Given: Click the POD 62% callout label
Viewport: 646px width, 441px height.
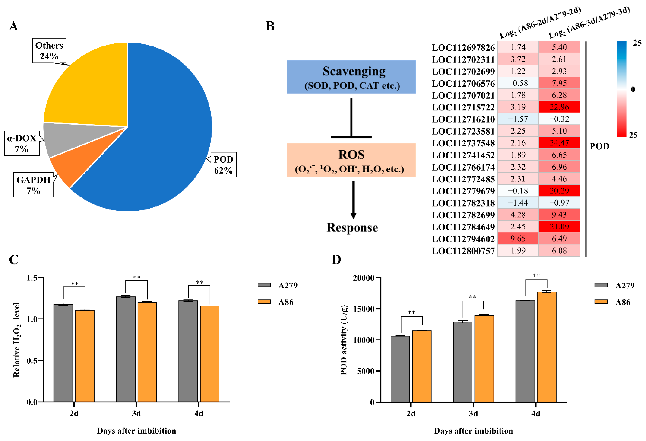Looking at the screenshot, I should click(x=223, y=165).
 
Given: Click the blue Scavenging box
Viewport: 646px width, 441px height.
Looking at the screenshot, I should click(x=351, y=77).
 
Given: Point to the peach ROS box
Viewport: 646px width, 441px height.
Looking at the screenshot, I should click(x=351, y=160).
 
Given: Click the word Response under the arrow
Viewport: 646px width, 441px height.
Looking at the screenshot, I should click(x=352, y=227).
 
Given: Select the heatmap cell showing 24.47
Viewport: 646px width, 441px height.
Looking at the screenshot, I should click(x=559, y=143).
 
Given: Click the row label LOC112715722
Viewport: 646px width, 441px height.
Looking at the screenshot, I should click(x=463, y=107).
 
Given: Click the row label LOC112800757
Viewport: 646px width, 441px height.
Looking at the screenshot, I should click(x=463, y=251).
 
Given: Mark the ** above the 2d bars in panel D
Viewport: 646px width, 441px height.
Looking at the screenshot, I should click(x=411, y=312).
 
